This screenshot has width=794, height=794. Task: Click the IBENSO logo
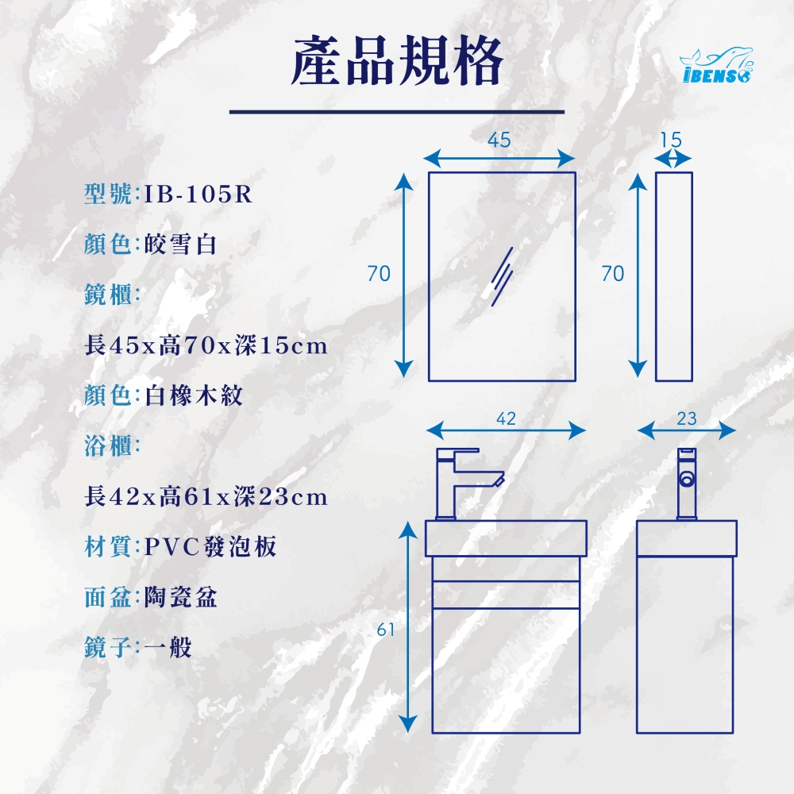[716, 65]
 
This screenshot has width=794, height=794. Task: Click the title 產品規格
[397, 61]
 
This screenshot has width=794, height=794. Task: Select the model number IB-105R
[198, 194]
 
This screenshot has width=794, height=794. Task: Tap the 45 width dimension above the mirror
[499, 141]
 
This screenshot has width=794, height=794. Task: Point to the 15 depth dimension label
[672, 140]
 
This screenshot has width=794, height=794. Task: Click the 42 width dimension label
[506, 418]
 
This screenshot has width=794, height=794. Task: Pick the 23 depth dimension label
[687, 418]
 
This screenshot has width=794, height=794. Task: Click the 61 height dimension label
[386, 630]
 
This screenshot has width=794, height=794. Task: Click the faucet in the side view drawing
[687, 484]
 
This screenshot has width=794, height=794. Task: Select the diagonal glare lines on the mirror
[502, 276]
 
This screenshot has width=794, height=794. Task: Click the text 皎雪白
[180, 244]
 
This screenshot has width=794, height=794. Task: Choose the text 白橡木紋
[194, 395]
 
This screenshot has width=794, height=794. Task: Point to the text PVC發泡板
[210, 546]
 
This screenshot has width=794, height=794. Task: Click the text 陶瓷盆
[180, 597]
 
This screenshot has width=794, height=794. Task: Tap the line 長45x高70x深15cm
[206, 345]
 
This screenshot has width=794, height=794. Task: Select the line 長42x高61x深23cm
[206, 496]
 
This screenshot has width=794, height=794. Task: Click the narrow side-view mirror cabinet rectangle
[674, 276]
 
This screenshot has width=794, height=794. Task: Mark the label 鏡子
[107, 647]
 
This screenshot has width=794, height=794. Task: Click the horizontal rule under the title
[397, 111]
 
